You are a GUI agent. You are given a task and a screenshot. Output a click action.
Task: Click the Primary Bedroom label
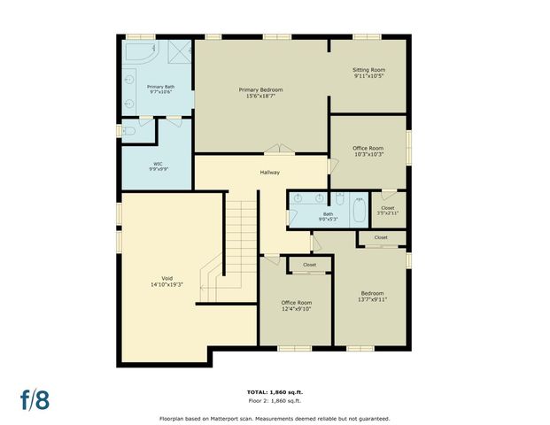point(260,89)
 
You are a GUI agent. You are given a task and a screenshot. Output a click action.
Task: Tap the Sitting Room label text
point(369,70)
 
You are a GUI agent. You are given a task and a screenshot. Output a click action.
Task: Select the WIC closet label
point(158,164)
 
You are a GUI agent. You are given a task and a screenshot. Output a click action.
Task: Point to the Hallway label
point(270,172)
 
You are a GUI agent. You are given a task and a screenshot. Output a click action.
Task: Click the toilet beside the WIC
point(129,132)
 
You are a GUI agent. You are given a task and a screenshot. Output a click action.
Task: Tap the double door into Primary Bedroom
point(276,150)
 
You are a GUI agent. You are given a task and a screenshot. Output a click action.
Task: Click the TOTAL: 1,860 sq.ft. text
point(275,391)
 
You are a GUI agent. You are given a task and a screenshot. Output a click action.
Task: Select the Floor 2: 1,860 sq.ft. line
point(275,400)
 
